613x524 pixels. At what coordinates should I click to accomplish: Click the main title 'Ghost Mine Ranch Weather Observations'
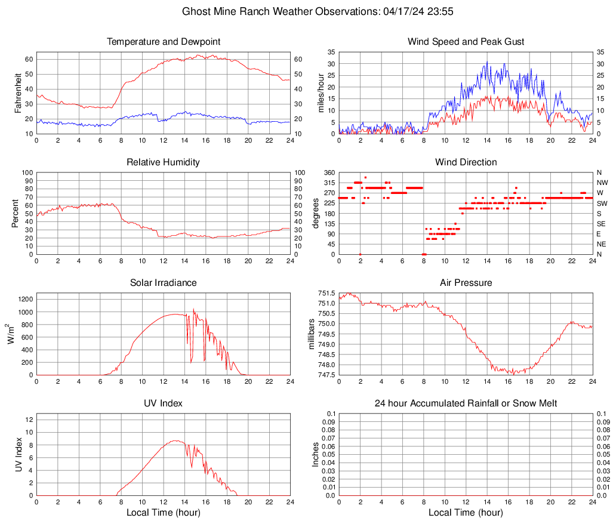(279, 11)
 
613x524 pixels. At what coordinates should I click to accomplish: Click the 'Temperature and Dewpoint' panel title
(164, 42)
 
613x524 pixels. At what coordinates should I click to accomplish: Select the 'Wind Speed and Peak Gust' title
(466, 42)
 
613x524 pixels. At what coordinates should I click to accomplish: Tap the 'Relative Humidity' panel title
(164, 162)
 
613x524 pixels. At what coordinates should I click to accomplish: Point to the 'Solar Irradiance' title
(164, 283)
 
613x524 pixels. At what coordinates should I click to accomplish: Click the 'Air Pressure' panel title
(466, 283)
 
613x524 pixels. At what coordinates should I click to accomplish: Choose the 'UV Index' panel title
(164, 403)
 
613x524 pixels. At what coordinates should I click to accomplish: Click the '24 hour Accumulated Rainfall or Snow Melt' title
(466, 403)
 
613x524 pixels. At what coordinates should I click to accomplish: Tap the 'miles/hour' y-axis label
(321, 93)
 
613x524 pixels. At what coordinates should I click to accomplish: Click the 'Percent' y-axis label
(15, 213)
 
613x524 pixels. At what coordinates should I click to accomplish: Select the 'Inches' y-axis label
(316, 454)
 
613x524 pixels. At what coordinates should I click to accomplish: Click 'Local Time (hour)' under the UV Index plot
(164, 512)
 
